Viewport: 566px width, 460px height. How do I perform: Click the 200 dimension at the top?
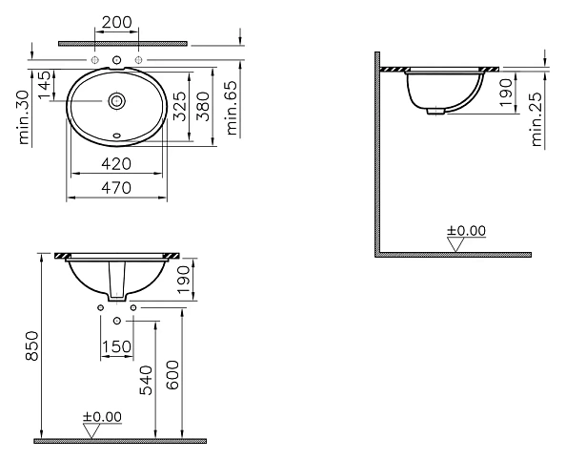pyautogui.click(x=117, y=22)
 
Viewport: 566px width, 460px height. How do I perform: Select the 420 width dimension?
pyautogui.click(x=116, y=164)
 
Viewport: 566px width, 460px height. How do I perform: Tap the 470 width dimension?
pyautogui.click(x=116, y=188)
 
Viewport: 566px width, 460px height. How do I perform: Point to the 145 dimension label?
pyautogui.click(x=45, y=85)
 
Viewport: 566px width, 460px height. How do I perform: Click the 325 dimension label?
pyautogui.click(x=179, y=106)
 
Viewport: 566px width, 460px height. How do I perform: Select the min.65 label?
pyautogui.click(x=232, y=108)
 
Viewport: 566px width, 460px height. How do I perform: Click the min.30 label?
pyautogui.click(x=24, y=117)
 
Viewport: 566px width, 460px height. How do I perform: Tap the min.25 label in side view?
pyautogui.click(x=537, y=119)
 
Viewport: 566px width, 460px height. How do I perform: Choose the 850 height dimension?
pyautogui.click(x=31, y=345)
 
